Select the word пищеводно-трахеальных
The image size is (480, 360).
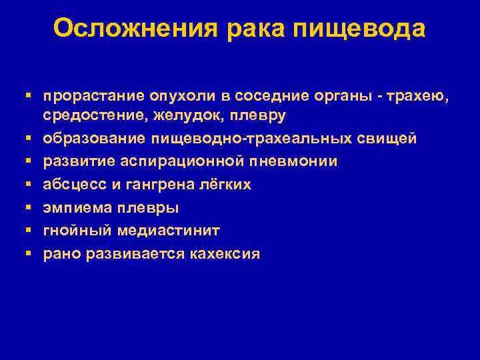tap(237, 139)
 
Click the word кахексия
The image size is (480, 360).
tap(224, 254)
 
